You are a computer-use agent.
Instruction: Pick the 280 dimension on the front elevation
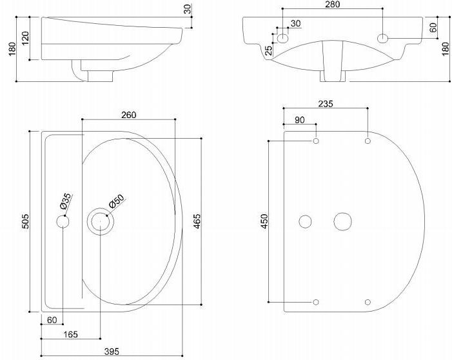point(332,5)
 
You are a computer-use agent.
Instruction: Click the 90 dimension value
point(300,121)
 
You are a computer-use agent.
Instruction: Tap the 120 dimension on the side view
point(25,38)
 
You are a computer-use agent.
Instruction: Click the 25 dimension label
point(268,50)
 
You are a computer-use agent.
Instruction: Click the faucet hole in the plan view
point(63,222)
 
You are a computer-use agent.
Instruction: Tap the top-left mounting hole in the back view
point(316,141)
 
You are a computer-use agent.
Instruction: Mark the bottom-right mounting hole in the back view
point(368,302)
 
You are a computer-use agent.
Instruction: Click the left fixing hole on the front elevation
point(282,38)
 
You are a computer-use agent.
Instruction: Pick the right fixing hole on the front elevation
point(383,38)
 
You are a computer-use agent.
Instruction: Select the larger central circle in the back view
point(342,221)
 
